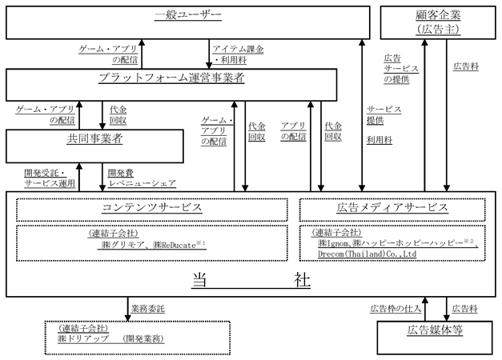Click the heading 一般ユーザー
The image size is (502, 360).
pyautogui.click(x=188, y=14)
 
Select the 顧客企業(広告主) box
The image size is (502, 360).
pyautogui.click(x=438, y=22)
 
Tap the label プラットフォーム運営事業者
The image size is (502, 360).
pyautogui.click(x=171, y=78)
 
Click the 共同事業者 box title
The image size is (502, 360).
pyautogui.click(x=94, y=138)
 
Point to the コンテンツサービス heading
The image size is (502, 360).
pyautogui.click(x=152, y=207)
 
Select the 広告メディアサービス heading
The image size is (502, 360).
pyautogui.click(x=392, y=207)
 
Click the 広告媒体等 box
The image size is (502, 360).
pyautogui.click(x=435, y=338)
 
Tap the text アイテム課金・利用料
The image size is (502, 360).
pyautogui.click(x=239, y=54)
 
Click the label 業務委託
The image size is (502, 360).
pyautogui.click(x=147, y=309)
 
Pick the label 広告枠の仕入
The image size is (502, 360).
pyautogui.click(x=396, y=309)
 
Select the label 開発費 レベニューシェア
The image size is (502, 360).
pyautogui.click(x=142, y=178)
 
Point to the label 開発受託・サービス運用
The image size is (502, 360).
pyautogui.click(x=50, y=178)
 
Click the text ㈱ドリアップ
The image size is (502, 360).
pyautogui.click(x=83, y=339)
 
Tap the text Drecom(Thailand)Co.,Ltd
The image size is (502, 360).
pyautogui.click(x=367, y=254)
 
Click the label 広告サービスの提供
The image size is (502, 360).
pyautogui.click(x=401, y=69)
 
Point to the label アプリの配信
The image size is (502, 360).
pyautogui.click(x=293, y=131)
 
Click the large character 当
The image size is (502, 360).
pyautogui.click(x=199, y=280)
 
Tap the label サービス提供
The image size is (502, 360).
pyautogui.click(x=384, y=115)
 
